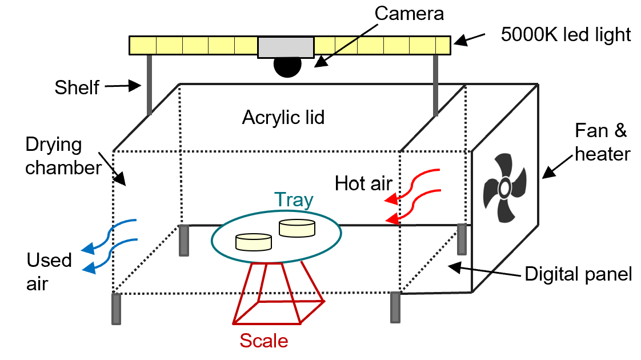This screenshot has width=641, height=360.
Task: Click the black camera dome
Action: [287, 66]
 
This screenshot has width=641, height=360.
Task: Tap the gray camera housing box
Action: [286, 47]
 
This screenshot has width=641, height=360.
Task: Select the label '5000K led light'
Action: [566, 35]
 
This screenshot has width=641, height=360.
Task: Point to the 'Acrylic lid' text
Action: [283, 118]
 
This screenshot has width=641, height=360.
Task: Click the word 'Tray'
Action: [294, 200]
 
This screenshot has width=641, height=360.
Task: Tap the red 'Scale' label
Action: [264, 341]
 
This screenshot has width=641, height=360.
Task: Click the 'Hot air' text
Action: [363, 184]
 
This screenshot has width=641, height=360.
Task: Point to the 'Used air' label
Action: [49, 271]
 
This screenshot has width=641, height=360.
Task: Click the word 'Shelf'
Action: [77, 87]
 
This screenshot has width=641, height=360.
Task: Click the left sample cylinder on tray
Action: [254, 241]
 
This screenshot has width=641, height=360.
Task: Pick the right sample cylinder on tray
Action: [297, 228]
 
